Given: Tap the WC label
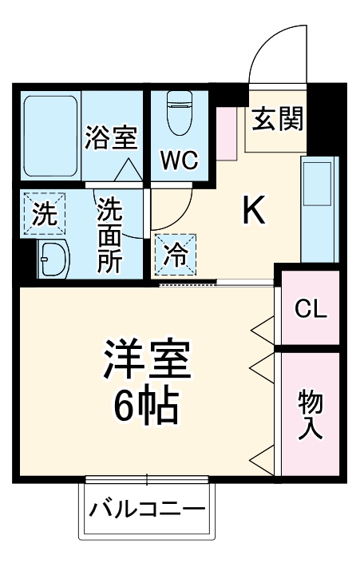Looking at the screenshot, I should pos(180,160).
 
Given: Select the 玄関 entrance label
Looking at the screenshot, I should pos(277,121).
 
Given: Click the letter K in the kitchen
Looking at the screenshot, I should pos(253,210).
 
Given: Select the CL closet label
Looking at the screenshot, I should pos(310,310).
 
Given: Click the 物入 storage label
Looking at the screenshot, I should pos(310,414).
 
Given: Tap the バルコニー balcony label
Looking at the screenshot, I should pos(148,509).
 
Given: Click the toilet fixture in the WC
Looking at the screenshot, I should pos(179,113).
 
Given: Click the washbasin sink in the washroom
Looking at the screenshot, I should pos(53,259).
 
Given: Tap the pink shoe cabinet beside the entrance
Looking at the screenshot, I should pos(227,132).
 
